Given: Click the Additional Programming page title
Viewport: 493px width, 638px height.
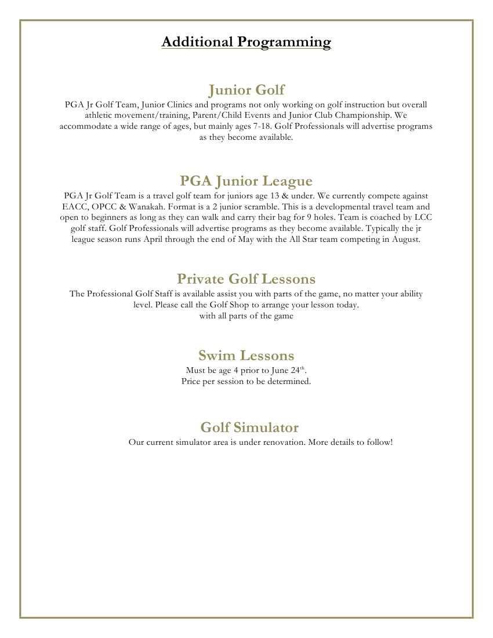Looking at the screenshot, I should [246, 42].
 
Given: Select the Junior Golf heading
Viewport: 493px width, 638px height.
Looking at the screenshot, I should [246, 90].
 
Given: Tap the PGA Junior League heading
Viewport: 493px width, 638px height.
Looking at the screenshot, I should [246, 181].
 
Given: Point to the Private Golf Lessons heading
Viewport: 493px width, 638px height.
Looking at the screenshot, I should [246, 279].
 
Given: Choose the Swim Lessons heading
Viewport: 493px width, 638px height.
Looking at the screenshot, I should [246, 355].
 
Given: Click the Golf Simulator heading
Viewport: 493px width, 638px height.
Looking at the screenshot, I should [249, 427].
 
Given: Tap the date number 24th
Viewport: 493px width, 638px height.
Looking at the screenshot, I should [298, 370].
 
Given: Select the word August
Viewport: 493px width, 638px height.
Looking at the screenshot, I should [403, 240].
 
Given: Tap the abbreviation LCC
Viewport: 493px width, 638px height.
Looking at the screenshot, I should [424, 217].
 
